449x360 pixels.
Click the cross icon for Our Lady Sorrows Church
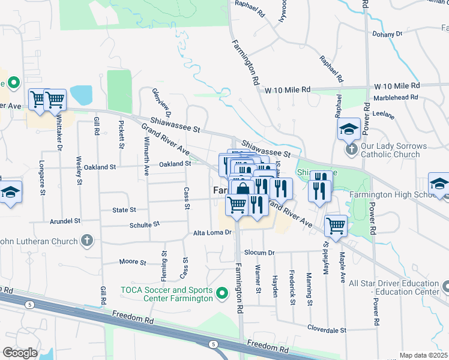tap(351, 147)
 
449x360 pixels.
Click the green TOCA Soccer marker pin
tap(222, 293)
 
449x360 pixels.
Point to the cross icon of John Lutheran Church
tap(87, 241)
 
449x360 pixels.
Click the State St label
tap(124, 210)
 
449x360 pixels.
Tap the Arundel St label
tap(65, 221)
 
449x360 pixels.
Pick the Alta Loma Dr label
tap(212, 233)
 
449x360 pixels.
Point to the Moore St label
tap(133, 262)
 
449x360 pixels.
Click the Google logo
tap(19, 353)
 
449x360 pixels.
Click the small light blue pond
tap(81, 95)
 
